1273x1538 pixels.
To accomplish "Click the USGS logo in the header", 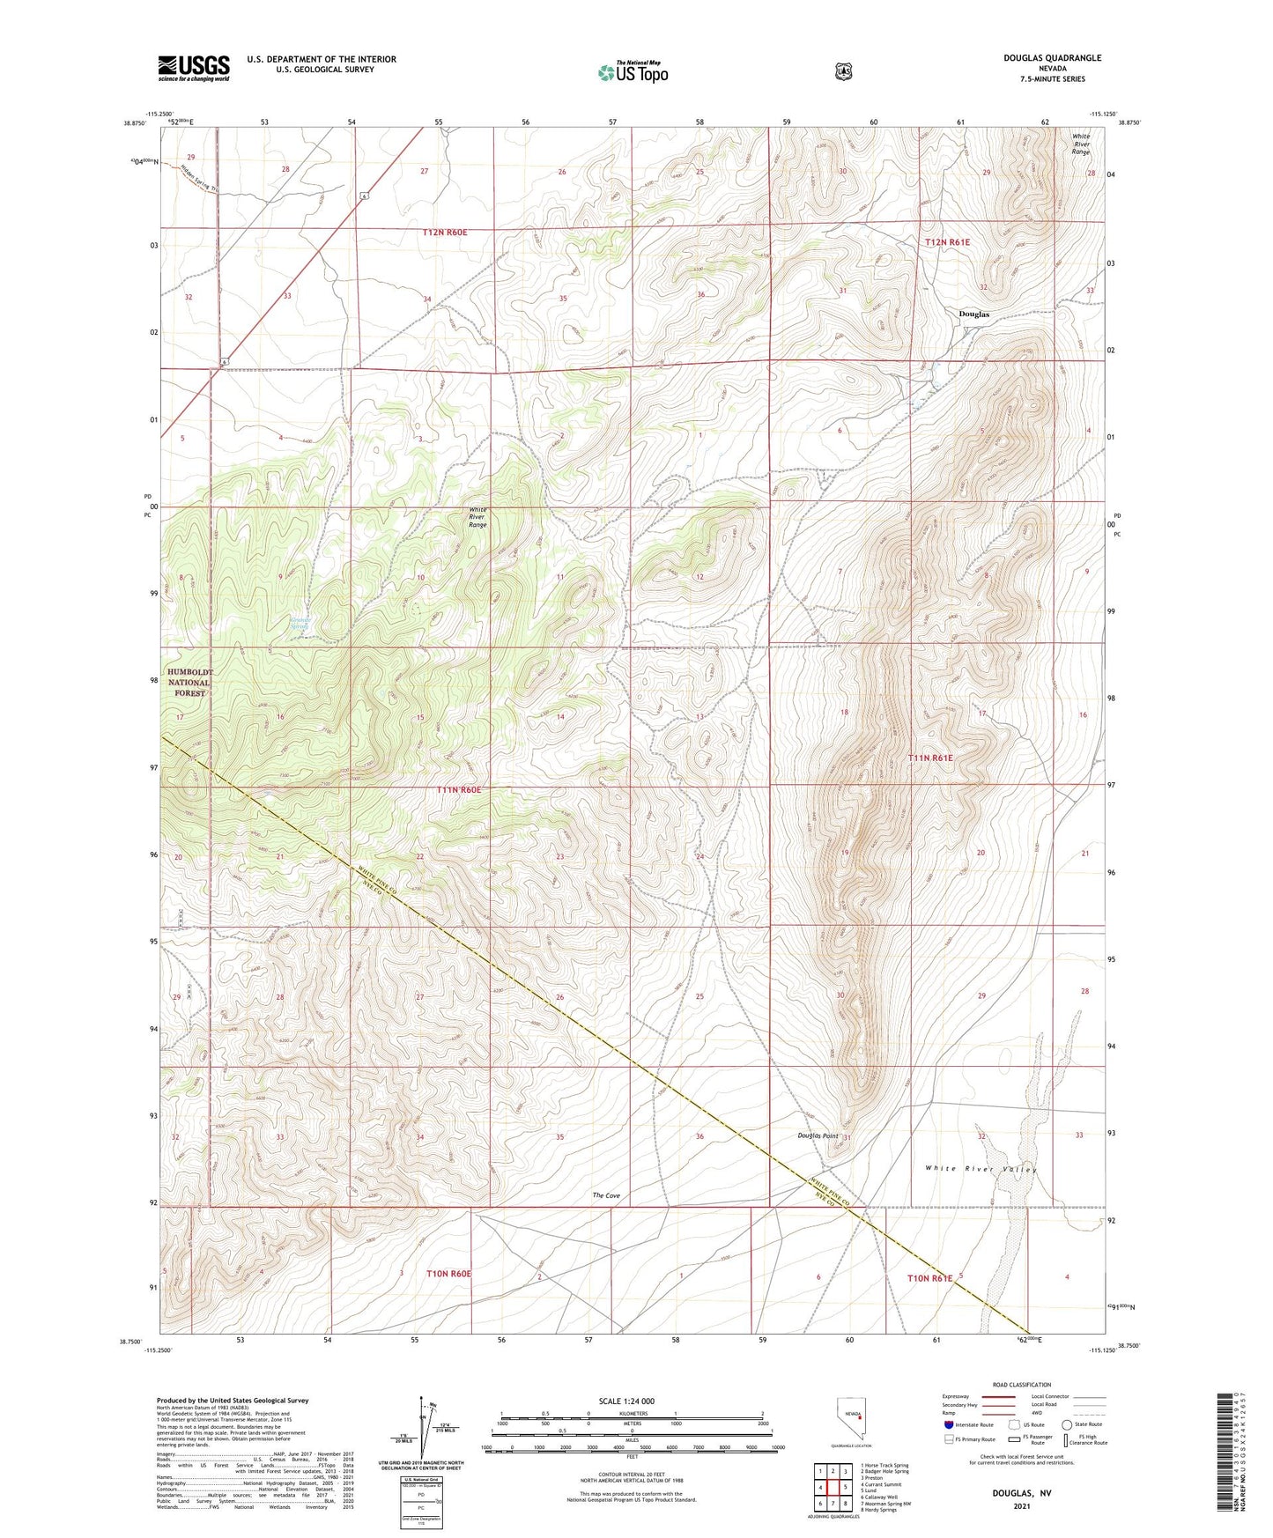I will click(193, 68).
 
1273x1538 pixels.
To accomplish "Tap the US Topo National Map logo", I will click(632, 71).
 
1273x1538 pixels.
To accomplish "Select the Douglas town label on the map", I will click(973, 314).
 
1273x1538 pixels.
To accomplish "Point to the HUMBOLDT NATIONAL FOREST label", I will click(189, 682).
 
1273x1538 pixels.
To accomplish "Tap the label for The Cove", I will click(606, 1195).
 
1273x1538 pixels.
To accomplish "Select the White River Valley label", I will click(981, 1169).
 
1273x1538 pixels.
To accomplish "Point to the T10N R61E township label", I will click(929, 1277).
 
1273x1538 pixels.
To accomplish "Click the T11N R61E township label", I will click(930, 758).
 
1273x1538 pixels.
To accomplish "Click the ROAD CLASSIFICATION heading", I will click(1021, 1385).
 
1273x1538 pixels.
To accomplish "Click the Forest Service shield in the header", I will click(843, 70).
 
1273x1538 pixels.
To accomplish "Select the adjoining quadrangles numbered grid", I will click(833, 1489).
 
